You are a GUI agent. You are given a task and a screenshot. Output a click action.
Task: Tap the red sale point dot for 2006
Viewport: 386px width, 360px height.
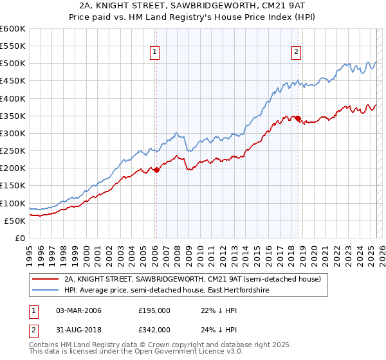[156, 170]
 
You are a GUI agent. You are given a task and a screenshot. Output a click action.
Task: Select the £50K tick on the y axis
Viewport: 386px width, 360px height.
[15, 221]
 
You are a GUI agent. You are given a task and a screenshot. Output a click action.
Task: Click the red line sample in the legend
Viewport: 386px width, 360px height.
[46, 279]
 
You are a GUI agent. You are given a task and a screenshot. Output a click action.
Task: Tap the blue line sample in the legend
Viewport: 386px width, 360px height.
[46, 291]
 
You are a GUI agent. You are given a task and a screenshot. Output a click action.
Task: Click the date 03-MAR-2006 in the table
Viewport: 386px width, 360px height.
[78, 310]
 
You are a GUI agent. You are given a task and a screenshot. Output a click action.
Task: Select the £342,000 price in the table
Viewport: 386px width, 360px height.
[154, 329]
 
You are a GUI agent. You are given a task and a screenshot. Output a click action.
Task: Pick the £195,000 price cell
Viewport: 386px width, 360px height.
[154, 310]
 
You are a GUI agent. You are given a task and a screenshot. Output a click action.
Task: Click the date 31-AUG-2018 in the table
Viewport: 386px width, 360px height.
[78, 329]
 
